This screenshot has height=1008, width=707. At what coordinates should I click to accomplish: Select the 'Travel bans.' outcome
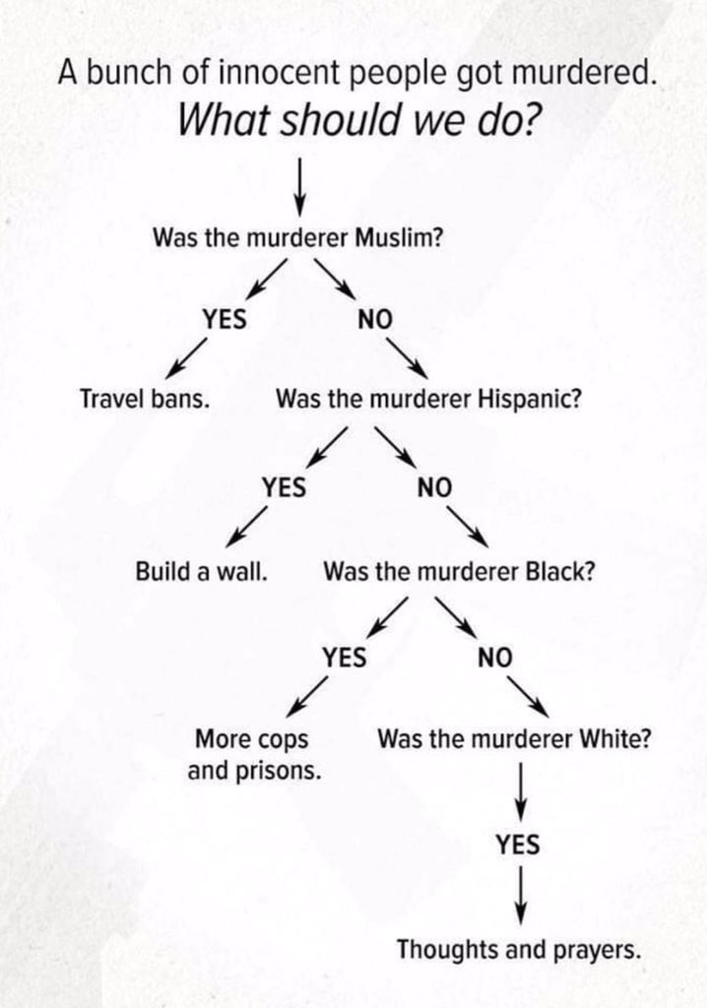[149, 400]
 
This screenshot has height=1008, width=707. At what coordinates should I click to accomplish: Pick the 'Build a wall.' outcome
[203, 571]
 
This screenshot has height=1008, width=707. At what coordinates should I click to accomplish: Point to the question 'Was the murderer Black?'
[459, 571]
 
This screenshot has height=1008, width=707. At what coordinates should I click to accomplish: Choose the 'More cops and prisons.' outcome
[254, 754]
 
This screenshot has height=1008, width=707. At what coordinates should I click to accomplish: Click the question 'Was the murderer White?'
[513, 739]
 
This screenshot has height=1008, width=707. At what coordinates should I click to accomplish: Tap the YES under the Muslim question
[225, 318]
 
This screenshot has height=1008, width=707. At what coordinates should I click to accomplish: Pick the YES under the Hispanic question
[284, 487]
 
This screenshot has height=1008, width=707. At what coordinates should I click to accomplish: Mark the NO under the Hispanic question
[433, 487]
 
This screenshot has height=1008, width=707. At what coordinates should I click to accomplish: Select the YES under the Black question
[344, 657]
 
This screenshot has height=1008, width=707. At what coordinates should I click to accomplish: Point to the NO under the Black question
[495, 657]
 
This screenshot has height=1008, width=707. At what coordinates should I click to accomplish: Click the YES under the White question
[518, 844]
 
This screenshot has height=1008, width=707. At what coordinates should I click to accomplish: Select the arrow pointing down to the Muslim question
[299, 183]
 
